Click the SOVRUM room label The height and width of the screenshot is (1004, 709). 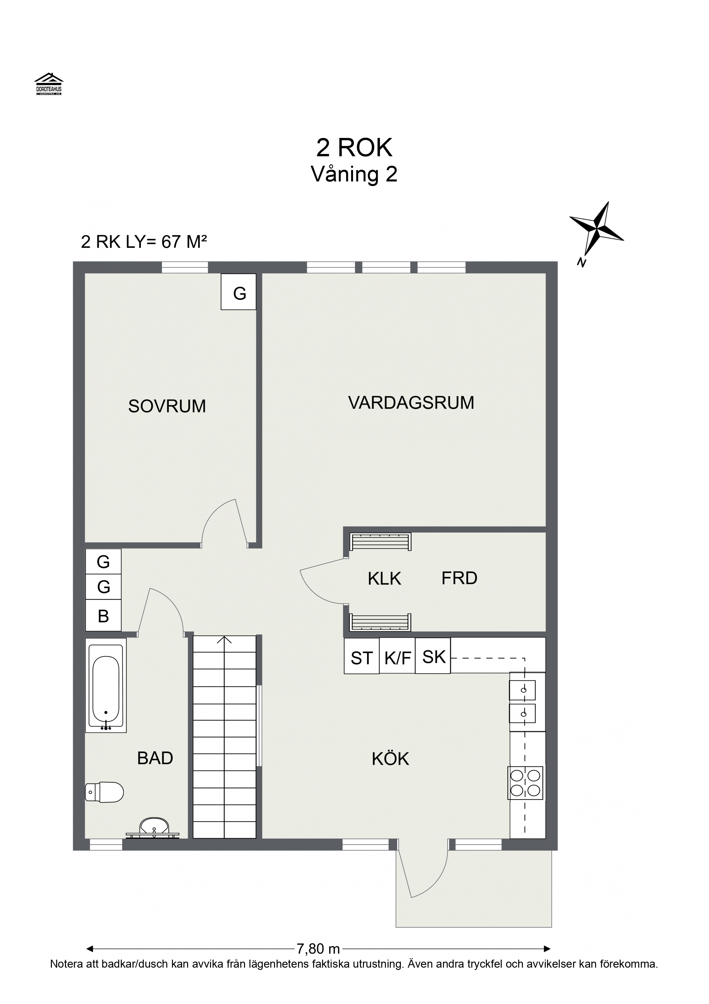(x=167, y=406)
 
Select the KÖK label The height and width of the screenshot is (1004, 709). (x=390, y=759)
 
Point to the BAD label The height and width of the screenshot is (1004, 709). (x=155, y=758)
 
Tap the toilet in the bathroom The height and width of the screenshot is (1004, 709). (x=105, y=792)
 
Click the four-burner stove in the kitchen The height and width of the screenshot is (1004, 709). (x=525, y=783)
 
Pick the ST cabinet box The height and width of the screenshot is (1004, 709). (x=361, y=658)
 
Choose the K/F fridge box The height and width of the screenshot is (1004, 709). (x=397, y=658)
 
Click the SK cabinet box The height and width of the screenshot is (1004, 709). (x=433, y=657)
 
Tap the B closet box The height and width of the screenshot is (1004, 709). (x=103, y=616)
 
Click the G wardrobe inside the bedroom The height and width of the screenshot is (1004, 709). (x=238, y=292)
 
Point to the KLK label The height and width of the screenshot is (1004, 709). (x=384, y=578)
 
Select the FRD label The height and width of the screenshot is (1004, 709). (x=459, y=578)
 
